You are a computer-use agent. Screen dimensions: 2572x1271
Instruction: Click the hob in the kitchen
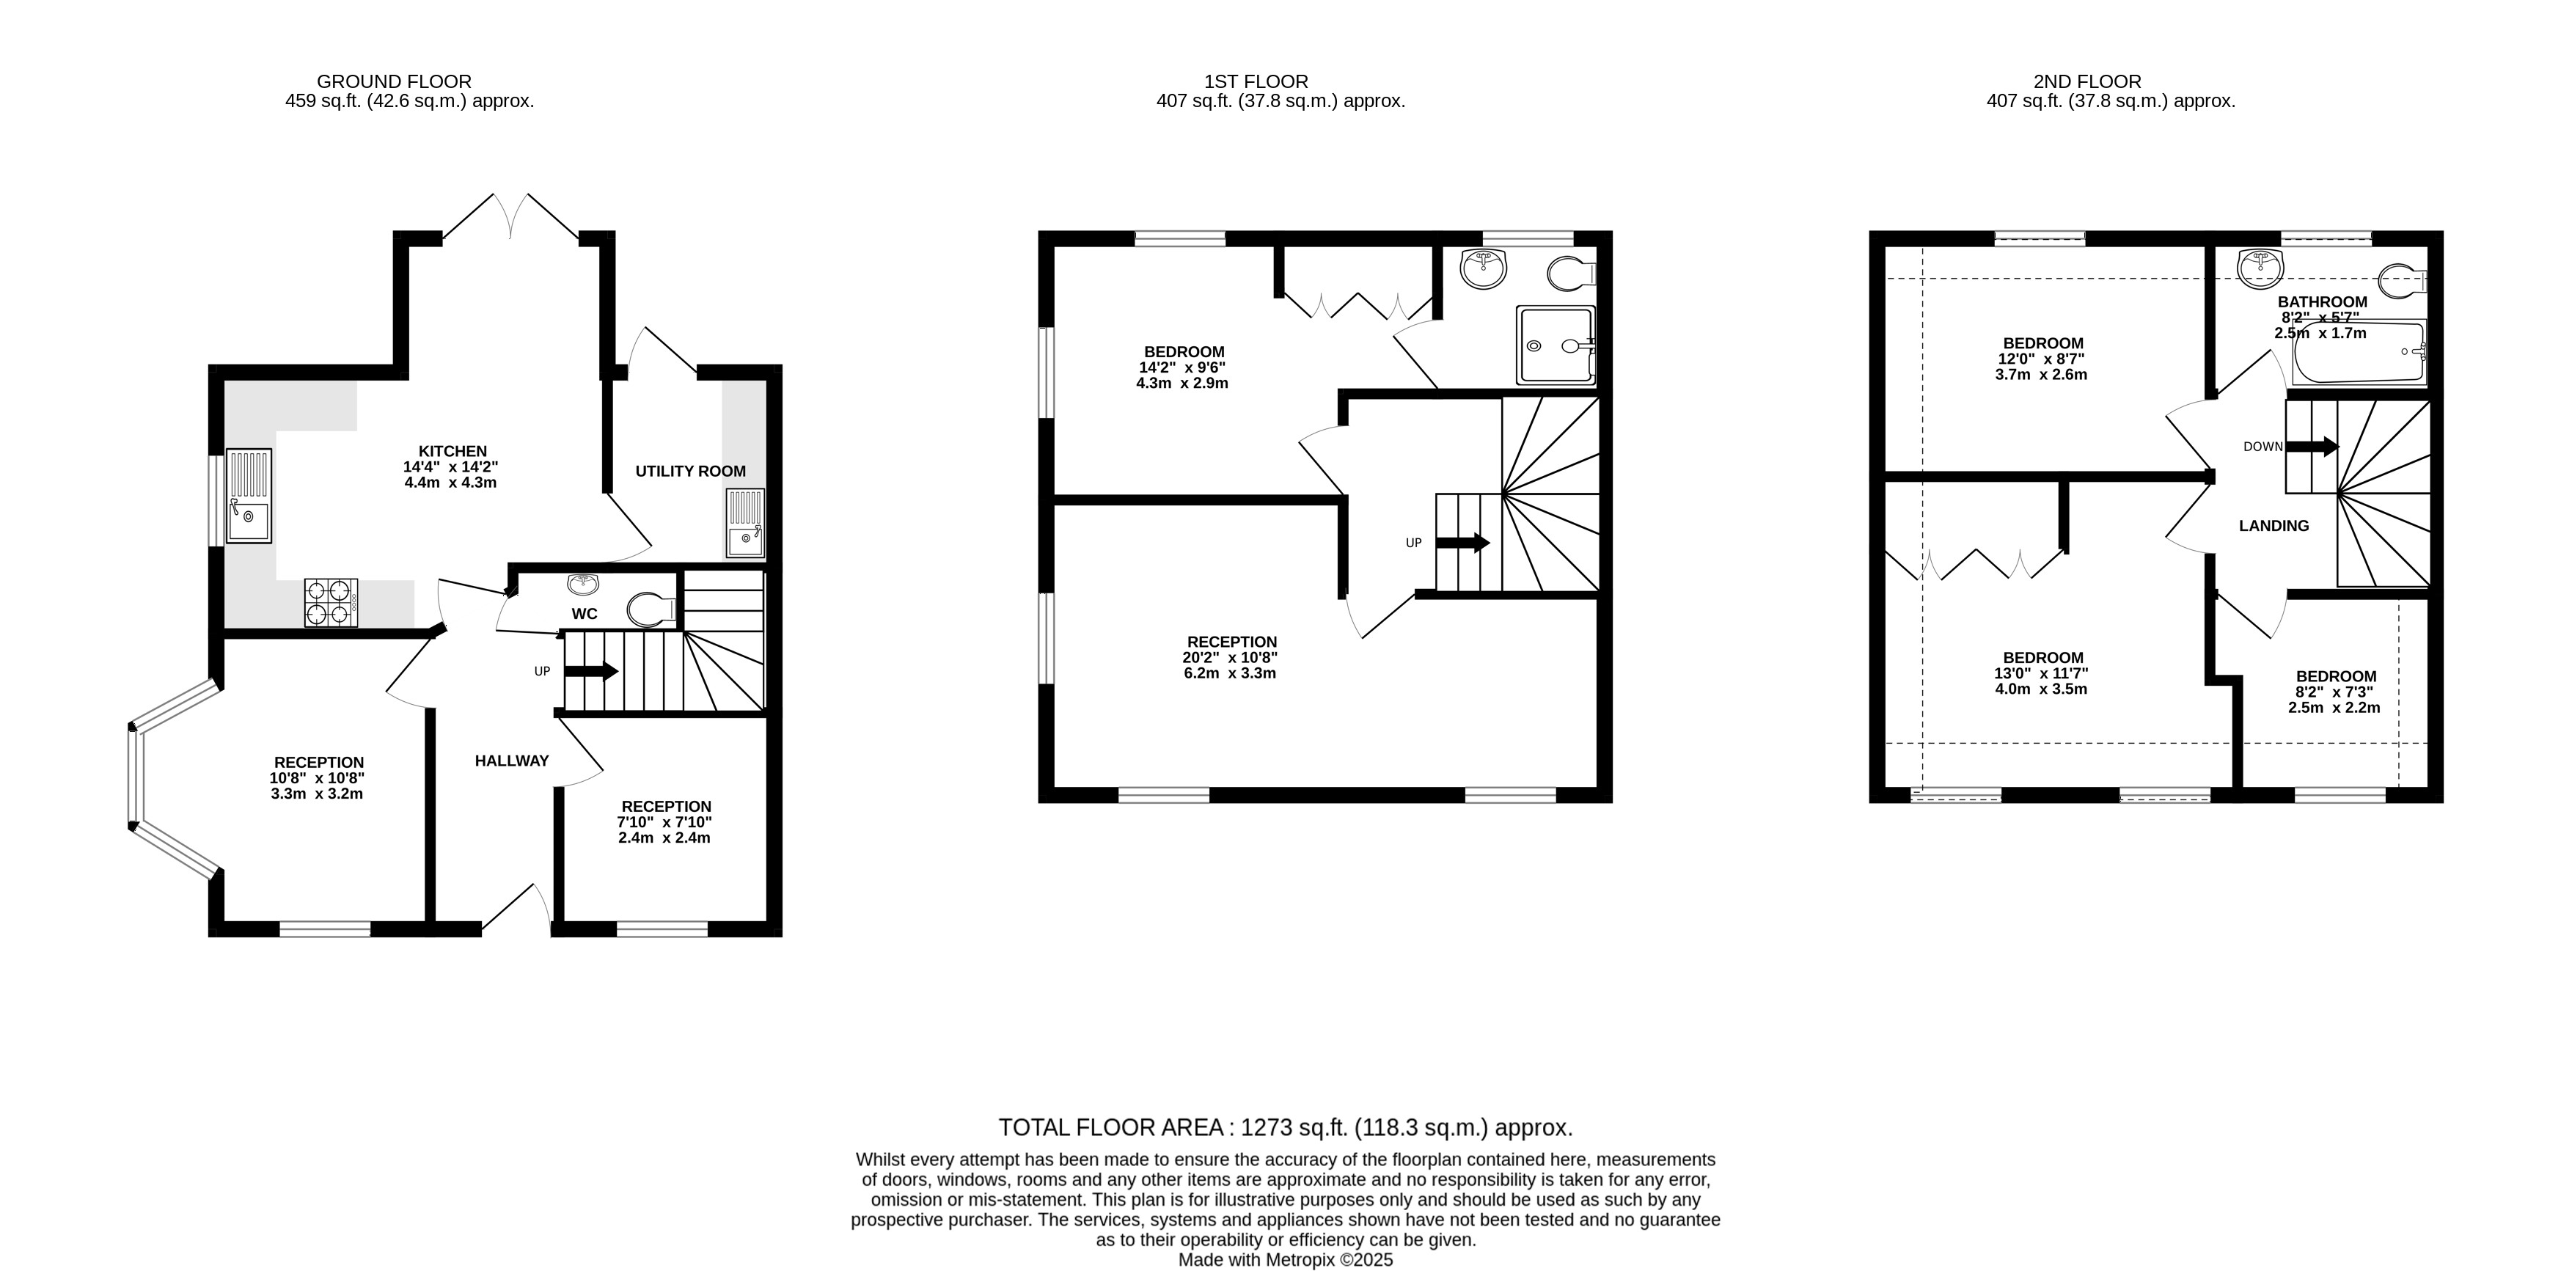[x=331, y=602]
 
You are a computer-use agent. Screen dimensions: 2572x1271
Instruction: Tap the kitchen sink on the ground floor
[x=249, y=495]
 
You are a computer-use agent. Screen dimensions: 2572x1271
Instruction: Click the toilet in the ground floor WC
[x=652, y=608]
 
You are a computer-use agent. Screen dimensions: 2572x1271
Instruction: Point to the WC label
[x=585, y=613]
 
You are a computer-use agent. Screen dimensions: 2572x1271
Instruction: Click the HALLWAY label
[x=512, y=761]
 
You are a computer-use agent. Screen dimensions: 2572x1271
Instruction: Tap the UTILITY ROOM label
[x=691, y=472]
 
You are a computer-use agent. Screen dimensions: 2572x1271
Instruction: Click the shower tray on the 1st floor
[x=1556, y=345]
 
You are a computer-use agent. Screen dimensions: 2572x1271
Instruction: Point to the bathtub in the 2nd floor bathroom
[x=2359, y=353]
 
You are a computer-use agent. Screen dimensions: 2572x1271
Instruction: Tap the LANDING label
[x=2274, y=526]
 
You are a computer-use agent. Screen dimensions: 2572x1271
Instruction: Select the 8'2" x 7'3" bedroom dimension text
[x=2334, y=692]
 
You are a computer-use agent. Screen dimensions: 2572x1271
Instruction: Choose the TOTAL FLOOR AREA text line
[x=1286, y=1128]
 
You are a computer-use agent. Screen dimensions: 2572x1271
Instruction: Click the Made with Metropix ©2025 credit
[x=1286, y=1260]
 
